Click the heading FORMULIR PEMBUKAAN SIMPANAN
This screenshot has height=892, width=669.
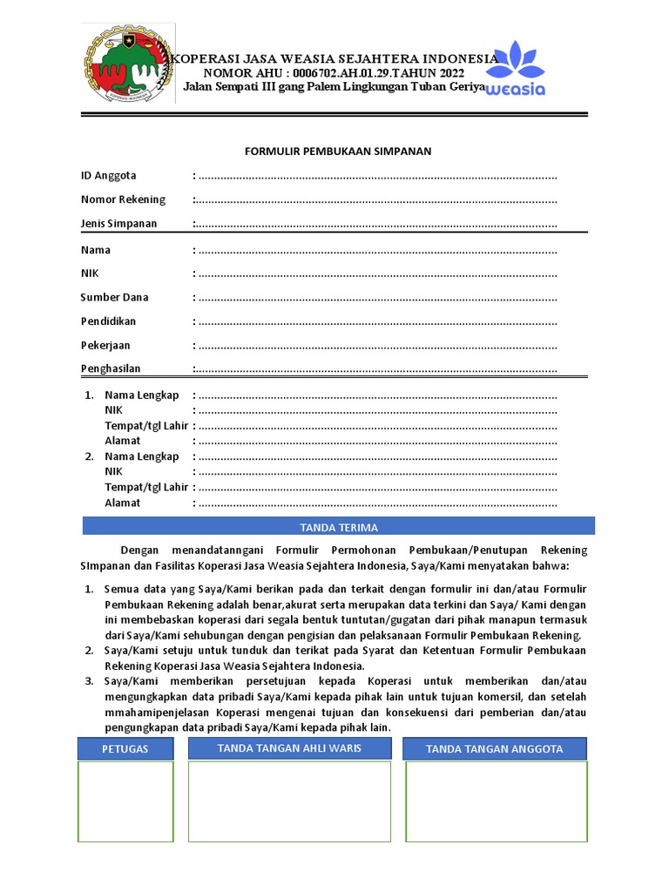tap(337, 152)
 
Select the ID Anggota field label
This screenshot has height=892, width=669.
tap(108, 176)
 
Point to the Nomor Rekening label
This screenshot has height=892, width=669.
tap(123, 199)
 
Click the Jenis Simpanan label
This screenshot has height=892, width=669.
tap(118, 224)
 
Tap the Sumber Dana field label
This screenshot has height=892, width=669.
tap(114, 297)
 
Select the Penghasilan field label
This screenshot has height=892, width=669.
tap(111, 368)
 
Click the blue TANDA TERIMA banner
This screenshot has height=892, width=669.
tap(339, 527)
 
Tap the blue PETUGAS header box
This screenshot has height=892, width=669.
tap(125, 749)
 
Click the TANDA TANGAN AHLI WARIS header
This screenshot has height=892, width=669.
tap(289, 748)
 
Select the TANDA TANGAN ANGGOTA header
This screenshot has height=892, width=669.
tap(494, 749)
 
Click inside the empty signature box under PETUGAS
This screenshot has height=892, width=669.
tap(125, 801)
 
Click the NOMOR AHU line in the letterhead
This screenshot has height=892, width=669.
tap(334, 73)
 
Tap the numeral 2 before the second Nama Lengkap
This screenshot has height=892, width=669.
tap(89, 456)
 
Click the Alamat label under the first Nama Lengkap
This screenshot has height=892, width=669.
tap(123, 441)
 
